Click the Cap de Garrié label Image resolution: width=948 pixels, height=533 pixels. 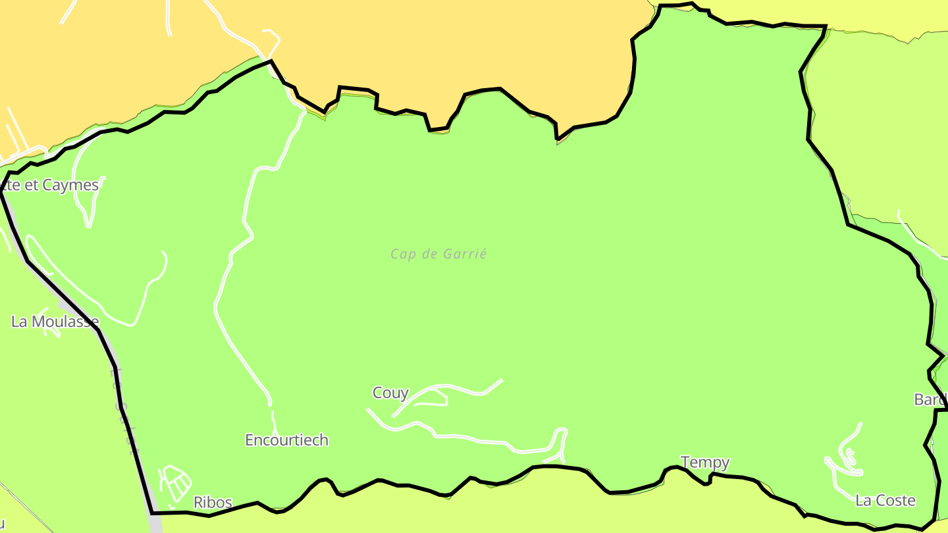click(438, 254)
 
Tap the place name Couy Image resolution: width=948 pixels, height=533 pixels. click(390, 393)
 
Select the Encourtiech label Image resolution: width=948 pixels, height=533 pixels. click(286, 440)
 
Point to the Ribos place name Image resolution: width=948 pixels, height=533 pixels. click(213, 503)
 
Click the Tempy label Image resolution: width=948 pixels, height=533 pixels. click(705, 463)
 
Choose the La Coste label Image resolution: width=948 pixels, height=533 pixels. click(885, 501)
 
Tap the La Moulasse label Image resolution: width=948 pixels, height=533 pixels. click(55, 322)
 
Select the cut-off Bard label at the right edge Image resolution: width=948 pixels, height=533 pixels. click(930, 399)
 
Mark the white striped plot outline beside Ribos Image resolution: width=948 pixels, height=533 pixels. click(175, 484)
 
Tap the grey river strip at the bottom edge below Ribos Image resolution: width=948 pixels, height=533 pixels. click(155, 523)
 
